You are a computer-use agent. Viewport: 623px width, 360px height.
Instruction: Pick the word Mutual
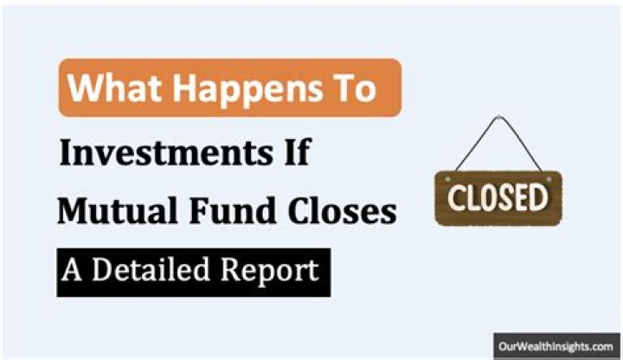pos(113,211)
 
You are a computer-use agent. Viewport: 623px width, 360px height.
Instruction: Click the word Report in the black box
pos(271,272)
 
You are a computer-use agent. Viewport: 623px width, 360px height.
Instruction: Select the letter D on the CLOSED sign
pos(542,196)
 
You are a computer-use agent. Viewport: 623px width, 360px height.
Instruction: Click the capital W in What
pos(84,88)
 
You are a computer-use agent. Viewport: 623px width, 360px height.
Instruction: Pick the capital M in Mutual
pos(74,211)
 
